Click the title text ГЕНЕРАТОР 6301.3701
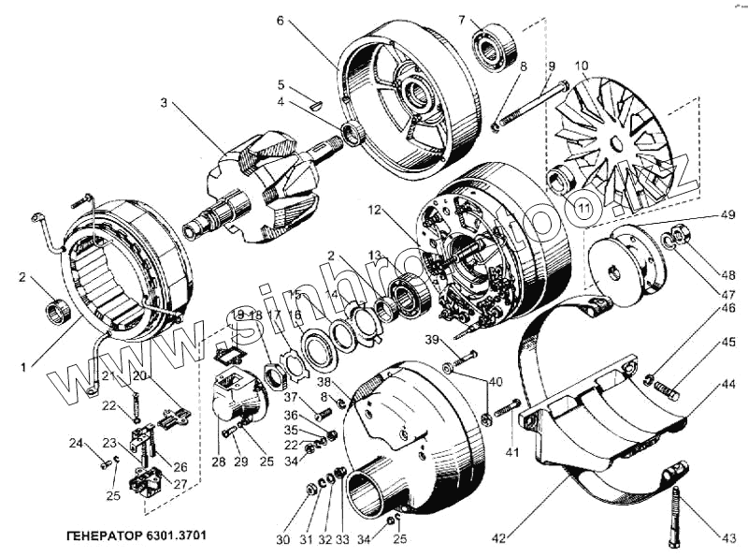(x=137, y=538)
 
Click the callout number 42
(x=499, y=538)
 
